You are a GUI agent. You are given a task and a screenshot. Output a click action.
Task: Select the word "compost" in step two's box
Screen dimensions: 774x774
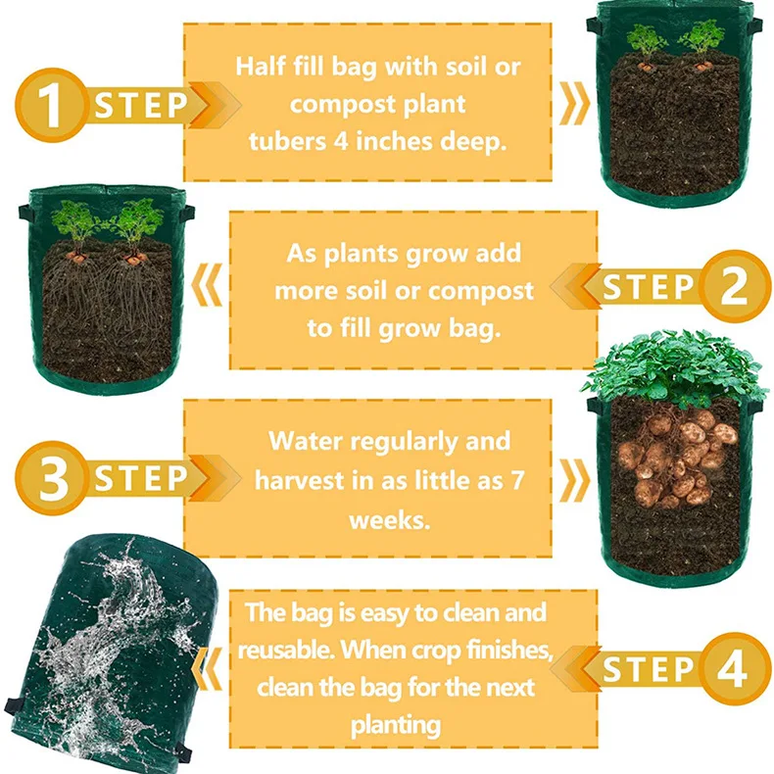[x=481, y=291]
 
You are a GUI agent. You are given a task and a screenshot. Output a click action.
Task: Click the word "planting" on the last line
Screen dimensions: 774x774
[x=397, y=726]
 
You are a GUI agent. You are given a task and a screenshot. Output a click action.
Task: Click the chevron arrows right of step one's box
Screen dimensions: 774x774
[x=575, y=105]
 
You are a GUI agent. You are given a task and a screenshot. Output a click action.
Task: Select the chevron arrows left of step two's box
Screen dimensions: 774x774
[x=208, y=290]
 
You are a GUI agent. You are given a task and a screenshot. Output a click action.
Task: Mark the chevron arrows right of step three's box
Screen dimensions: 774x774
[x=575, y=480]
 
